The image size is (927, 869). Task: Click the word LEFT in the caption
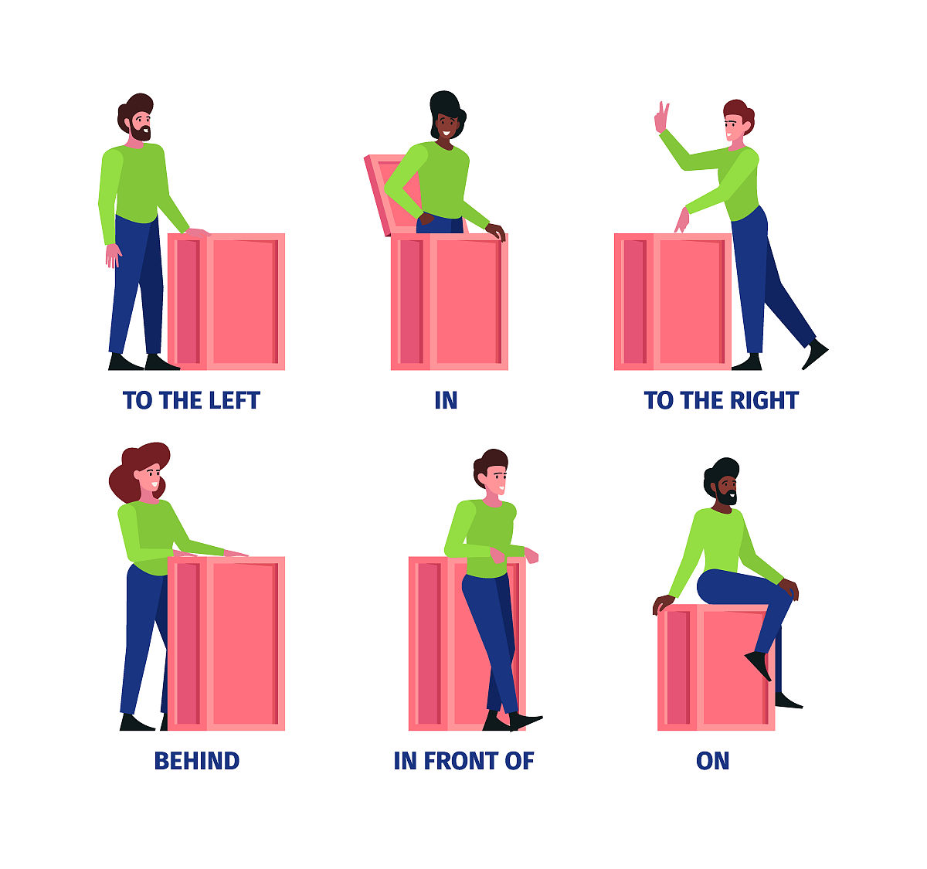pyautogui.click(x=234, y=401)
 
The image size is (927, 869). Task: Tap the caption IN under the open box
pyautogui.click(x=447, y=401)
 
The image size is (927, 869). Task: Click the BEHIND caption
pyautogui.click(x=197, y=761)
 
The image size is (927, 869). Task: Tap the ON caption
pyautogui.click(x=713, y=761)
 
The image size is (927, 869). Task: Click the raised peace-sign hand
pyautogui.click(x=662, y=117)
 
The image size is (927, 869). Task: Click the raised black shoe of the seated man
pyautogui.click(x=759, y=665)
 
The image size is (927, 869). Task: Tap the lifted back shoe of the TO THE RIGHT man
pyautogui.click(x=815, y=354)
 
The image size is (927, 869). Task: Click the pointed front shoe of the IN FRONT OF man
pyautogui.click(x=525, y=721)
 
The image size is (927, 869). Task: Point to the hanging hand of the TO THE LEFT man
pyautogui.click(x=113, y=256)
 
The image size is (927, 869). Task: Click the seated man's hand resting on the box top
pyautogui.click(x=663, y=603)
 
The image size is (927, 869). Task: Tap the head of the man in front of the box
pyautogui.click(x=491, y=473)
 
